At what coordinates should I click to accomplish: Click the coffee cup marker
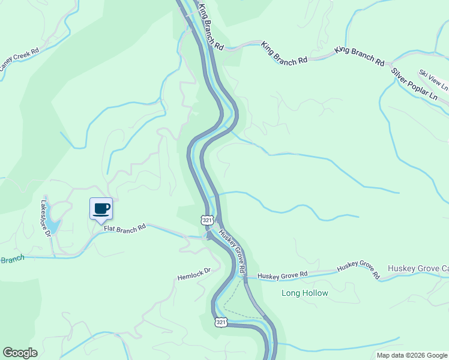coord(101,209)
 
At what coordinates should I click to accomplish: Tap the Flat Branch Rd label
coord(125,228)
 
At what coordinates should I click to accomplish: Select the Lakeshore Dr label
coord(46,218)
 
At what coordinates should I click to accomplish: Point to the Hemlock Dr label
coord(194,275)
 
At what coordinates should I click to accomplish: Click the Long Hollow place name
coord(305,293)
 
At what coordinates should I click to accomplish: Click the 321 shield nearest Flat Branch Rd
coord(207,220)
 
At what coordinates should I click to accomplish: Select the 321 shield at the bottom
coord(221,322)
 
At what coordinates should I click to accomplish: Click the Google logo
coord(20,353)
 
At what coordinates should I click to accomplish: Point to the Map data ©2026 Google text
coord(411,355)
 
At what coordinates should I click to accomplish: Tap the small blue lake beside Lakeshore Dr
coord(53,226)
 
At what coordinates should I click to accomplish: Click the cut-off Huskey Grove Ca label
coord(418,268)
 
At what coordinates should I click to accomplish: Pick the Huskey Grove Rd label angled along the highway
coord(233,253)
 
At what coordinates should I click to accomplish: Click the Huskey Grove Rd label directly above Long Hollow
coord(283,275)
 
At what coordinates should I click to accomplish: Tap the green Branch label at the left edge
coord(12,260)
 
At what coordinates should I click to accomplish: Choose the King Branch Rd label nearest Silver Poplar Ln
coord(360,55)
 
